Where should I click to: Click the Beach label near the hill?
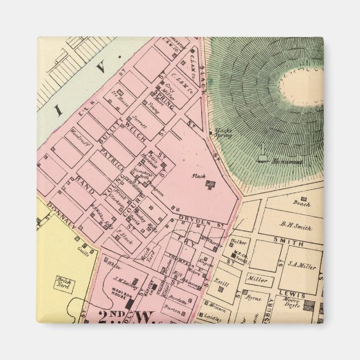302,204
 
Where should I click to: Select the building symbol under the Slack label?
211,186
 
